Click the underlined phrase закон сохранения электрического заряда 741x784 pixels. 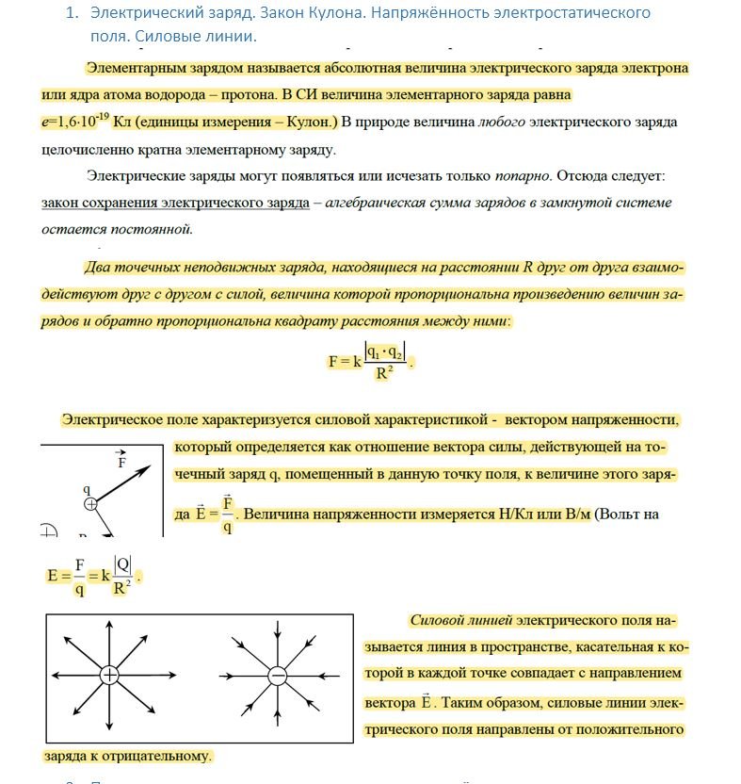[175, 203]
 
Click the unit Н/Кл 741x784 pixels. [486, 514]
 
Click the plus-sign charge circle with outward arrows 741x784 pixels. [110, 675]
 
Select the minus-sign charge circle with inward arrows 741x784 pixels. [278, 676]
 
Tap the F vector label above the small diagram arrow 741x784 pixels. [121, 460]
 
